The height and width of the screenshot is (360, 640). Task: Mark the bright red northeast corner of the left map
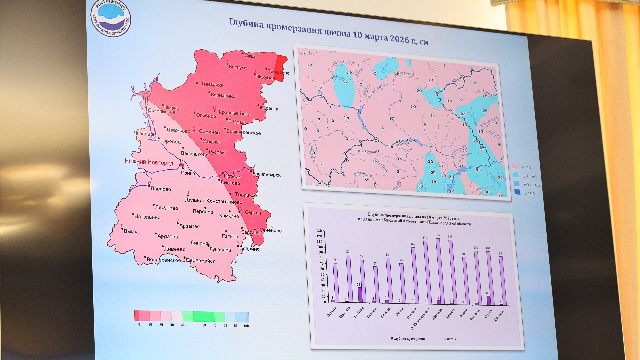point(279,65)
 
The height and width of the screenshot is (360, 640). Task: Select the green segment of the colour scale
point(201,316)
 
